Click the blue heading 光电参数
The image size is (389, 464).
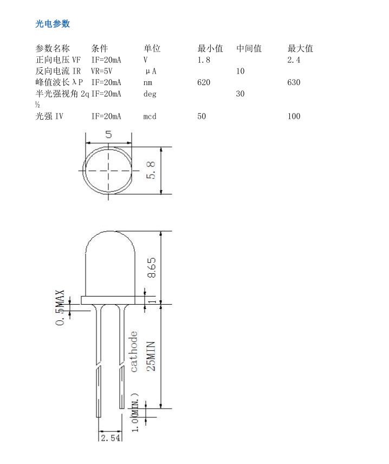pyautogui.click(x=53, y=24)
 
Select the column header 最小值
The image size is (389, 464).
pyautogui.click(x=210, y=48)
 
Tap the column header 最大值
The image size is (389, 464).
pyautogui.click(x=300, y=48)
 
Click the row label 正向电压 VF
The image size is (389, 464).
pyautogui.click(x=58, y=60)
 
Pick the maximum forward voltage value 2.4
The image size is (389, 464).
pyautogui.click(x=294, y=60)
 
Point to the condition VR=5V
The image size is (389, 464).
pyautogui.click(x=102, y=71)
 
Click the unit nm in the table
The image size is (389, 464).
pyautogui.click(x=147, y=82)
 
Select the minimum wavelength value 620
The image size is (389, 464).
pyautogui.click(x=204, y=82)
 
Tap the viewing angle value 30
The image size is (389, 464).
pyautogui.click(x=240, y=94)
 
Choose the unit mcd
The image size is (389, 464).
pyautogui.click(x=150, y=117)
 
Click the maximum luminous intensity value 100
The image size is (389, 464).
pyautogui.click(x=294, y=117)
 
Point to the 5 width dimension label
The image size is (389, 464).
pyautogui.click(x=108, y=134)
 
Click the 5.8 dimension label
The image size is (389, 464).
pyautogui.click(x=151, y=170)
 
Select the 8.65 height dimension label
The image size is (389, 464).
pyautogui.click(x=152, y=268)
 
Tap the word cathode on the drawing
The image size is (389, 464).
pyautogui.click(x=134, y=352)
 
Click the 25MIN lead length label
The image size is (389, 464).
pyautogui.click(x=151, y=356)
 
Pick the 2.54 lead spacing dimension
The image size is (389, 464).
pyautogui.click(x=111, y=438)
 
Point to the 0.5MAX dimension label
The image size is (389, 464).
pyautogui.click(x=60, y=307)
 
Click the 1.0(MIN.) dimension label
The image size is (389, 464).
pyautogui.click(x=135, y=413)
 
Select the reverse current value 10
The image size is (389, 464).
pyautogui.click(x=240, y=72)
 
